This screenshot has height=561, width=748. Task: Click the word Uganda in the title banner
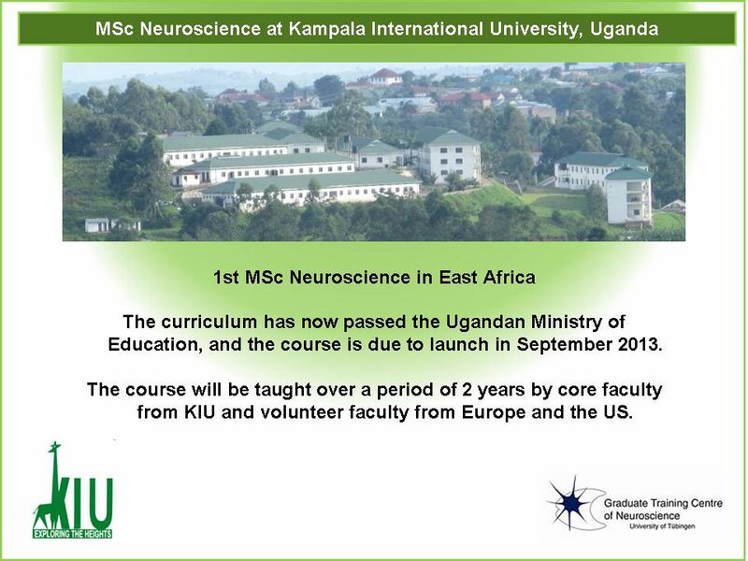(x=624, y=29)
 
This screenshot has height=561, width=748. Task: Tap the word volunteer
(x=301, y=411)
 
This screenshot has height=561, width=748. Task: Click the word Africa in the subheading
(x=509, y=277)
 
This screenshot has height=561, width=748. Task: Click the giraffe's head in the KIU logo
(x=54, y=447)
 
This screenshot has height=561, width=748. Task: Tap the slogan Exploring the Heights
(x=73, y=534)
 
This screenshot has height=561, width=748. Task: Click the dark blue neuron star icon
(x=571, y=503)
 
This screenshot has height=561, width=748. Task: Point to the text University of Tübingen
(x=662, y=526)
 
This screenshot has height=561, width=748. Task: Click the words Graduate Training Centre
(x=663, y=503)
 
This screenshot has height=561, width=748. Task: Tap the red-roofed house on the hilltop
(x=385, y=77)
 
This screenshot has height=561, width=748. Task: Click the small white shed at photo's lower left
(x=97, y=224)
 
